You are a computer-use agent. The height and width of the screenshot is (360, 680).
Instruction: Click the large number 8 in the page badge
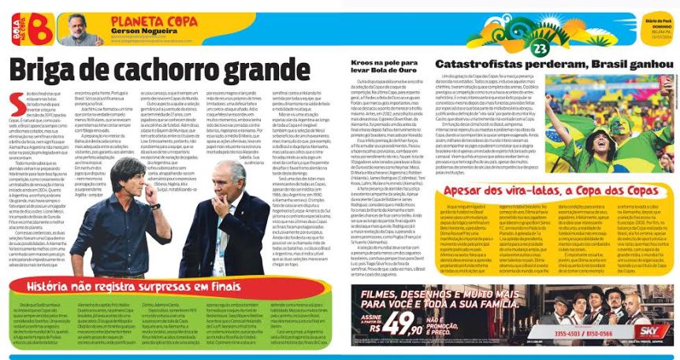(x=38, y=31)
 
